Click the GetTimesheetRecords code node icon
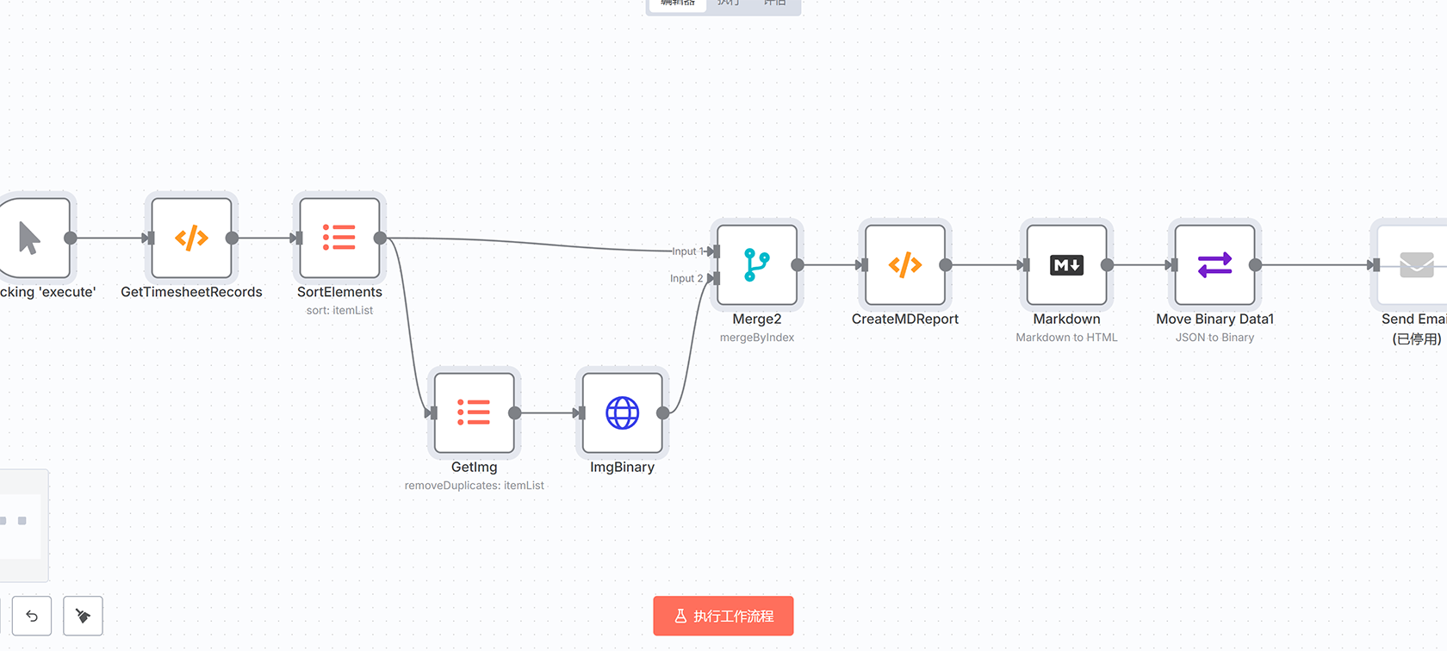191,238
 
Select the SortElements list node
339,238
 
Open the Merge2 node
756,265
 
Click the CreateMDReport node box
904,265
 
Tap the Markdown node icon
1066,265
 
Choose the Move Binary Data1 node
1214,265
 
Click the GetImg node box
474,412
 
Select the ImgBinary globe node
622,412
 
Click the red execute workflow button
723,616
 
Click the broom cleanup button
83,616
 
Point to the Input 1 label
684,251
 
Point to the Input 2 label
686,278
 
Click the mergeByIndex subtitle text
756,338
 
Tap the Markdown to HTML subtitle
1066,338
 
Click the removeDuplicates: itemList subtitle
474,486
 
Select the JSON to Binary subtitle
1214,338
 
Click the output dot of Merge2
798,265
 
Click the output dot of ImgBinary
662,413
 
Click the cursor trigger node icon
30,238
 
